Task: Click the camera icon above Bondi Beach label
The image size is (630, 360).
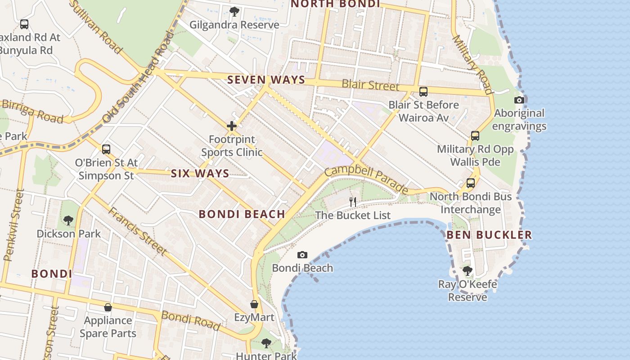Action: tap(302, 255)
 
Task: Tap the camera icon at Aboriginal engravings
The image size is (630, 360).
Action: tap(519, 100)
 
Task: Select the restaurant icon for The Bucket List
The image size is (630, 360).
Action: tap(353, 202)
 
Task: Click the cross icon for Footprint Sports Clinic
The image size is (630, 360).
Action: tap(232, 126)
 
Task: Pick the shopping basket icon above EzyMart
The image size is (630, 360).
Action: tap(254, 305)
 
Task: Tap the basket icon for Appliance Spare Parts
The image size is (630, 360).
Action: tap(108, 307)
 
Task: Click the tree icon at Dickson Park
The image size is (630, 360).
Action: tap(68, 220)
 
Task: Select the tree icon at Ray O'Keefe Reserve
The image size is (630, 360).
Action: tap(468, 271)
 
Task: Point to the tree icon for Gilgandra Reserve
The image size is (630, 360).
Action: tap(234, 11)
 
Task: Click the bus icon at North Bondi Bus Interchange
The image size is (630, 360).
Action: tap(471, 183)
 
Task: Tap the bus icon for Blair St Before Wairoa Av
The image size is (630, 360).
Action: tap(423, 92)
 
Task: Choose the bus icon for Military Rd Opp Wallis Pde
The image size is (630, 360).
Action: tap(475, 136)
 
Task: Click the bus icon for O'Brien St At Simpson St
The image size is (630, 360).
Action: tap(106, 149)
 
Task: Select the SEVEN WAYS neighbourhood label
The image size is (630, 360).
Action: tap(266, 80)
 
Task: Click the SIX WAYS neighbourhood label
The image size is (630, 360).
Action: tap(200, 174)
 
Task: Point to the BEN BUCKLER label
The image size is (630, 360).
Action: tap(489, 235)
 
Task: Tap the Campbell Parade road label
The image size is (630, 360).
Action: tap(366, 180)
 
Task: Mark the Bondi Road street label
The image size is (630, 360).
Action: tap(191, 320)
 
